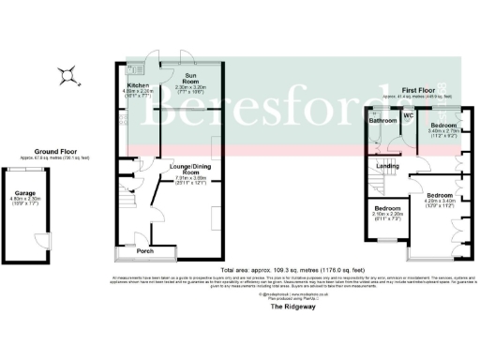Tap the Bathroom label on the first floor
pos(383,122)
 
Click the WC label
pos(409,116)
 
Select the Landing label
pos(388,167)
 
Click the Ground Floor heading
pos(55,151)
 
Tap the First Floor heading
pos(416,89)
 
